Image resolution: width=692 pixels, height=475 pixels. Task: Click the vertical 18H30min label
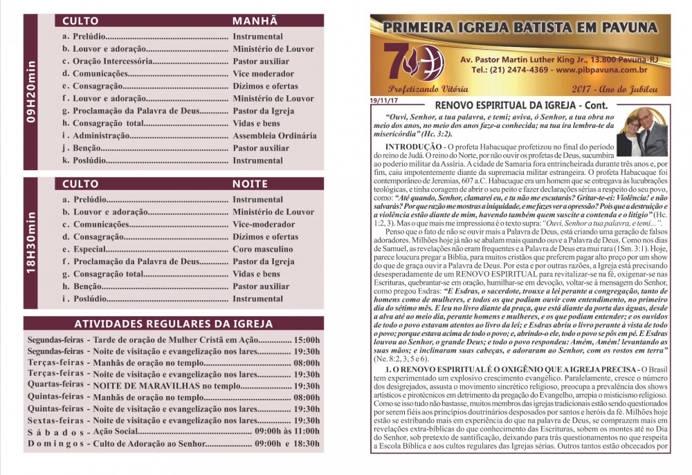tap(31, 245)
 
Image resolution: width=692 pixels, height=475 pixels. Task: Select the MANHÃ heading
tap(255, 21)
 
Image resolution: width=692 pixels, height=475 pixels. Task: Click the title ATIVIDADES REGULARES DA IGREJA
tap(174, 324)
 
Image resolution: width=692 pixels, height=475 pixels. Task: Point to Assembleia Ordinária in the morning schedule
tap(275, 136)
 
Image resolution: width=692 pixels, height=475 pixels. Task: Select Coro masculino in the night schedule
tap(262, 249)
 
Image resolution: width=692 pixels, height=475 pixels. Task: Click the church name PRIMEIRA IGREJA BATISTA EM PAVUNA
tap(520, 28)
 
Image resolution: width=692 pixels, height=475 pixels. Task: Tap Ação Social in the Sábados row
tap(118, 431)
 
